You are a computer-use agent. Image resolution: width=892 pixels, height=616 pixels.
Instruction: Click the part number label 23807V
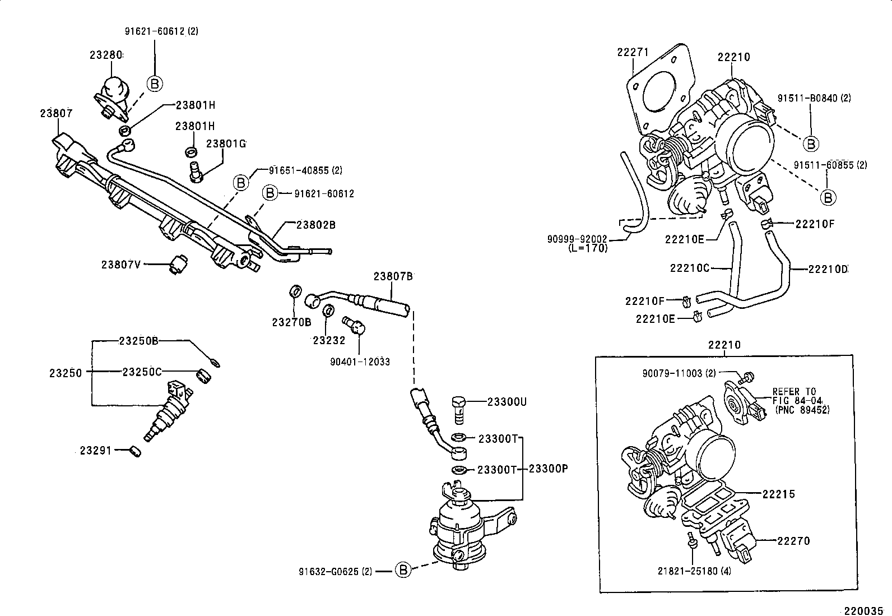click(121, 264)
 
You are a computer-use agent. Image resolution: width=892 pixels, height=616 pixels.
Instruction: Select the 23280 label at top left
click(106, 55)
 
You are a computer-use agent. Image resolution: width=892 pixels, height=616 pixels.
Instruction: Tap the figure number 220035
click(867, 610)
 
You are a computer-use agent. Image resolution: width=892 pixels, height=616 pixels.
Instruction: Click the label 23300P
click(549, 469)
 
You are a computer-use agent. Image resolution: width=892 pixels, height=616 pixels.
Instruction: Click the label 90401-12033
click(360, 362)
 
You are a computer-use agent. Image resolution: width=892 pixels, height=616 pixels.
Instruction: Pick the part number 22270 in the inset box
click(793, 541)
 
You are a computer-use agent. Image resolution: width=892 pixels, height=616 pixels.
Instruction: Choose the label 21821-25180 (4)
click(694, 571)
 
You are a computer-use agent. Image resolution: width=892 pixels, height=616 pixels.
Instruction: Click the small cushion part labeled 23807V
click(179, 262)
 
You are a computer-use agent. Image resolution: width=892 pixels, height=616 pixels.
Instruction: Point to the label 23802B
click(315, 225)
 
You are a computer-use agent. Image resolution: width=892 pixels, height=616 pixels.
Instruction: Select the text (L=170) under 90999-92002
click(588, 248)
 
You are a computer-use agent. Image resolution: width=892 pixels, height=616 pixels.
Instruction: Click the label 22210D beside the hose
click(828, 269)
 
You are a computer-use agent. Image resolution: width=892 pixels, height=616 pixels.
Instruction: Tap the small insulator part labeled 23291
click(135, 450)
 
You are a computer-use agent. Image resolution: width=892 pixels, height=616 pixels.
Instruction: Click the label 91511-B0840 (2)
click(814, 98)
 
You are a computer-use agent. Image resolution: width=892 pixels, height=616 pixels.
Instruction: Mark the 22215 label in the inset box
click(778, 494)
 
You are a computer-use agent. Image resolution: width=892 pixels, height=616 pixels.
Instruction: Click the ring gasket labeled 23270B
click(295, 292)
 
